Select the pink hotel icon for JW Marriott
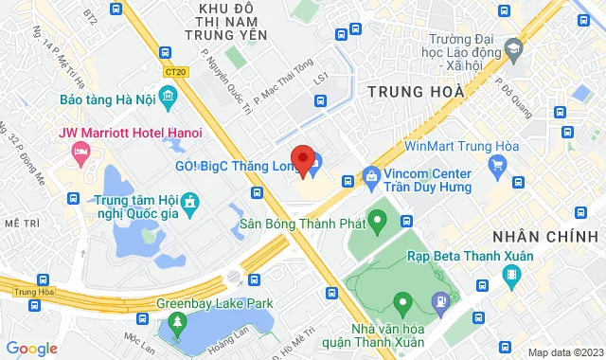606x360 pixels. (80, 152)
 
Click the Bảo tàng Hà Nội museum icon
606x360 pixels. (168, 97)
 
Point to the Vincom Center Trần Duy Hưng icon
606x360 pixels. (371, 176)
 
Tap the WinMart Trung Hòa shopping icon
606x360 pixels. (497, 167)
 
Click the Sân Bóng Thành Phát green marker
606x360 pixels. (376, 225)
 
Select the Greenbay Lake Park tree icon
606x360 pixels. (176, 325)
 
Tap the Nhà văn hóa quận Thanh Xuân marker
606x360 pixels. (402, 305)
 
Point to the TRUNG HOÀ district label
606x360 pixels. (415, 92)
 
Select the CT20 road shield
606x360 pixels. (174, 71)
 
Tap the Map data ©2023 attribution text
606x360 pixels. (564, 352)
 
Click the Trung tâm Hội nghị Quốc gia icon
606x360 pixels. (190, 203)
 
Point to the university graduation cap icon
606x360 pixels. (513, 46)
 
